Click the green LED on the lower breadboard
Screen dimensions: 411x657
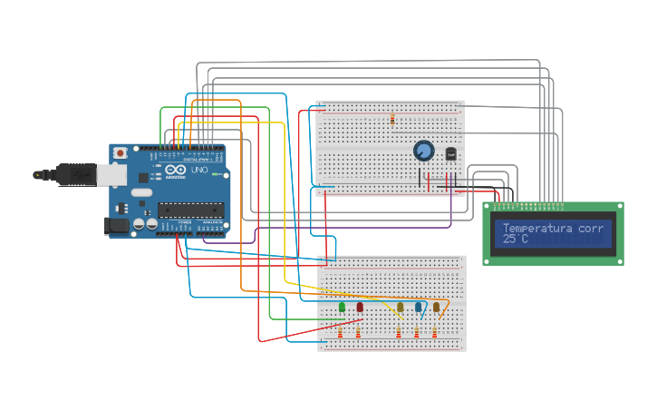pos(342,307)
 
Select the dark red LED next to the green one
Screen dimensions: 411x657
pos(360,307)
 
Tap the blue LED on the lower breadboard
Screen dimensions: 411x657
pos(418,307)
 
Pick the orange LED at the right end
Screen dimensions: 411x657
pos(436,307)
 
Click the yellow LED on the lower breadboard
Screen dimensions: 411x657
pos(400,307)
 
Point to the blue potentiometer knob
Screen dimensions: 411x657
pos(423,151)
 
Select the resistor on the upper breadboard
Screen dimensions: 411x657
pos(392,119)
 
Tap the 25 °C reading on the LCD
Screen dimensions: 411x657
pos(515,240)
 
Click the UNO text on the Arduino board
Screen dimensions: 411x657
pos(199,171)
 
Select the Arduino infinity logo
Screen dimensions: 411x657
pos(176,171)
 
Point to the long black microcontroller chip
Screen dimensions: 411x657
pos(190,210)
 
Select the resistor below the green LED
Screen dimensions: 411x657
pos(341,335)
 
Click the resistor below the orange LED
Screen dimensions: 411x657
pos(434,335)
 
